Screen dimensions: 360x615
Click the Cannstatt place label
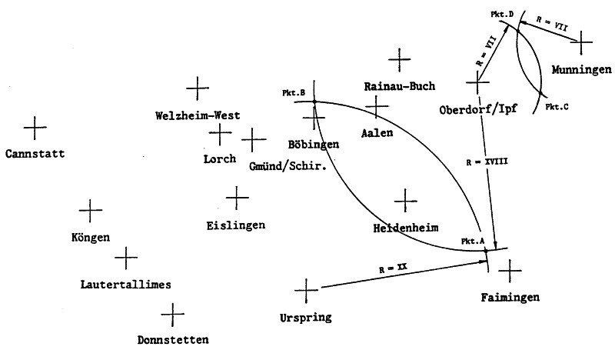[33, 152]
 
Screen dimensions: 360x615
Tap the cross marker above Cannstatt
[35, 125]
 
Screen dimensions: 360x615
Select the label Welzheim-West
[198, 115]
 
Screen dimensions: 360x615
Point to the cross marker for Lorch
[221, 135]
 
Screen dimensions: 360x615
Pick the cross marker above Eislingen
[237, 198]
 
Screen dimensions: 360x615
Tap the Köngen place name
[90, 237]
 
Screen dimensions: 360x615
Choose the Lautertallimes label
[125, 284]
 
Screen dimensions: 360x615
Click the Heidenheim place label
[405, 228]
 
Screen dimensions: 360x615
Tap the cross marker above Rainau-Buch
[399, 58]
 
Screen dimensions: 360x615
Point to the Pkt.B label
[294, 94]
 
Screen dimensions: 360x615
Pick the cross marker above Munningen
[582, 41]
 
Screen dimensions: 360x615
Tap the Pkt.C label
[557, 106]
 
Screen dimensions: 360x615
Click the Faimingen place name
[511, 296]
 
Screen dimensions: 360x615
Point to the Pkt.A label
[472, 241]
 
